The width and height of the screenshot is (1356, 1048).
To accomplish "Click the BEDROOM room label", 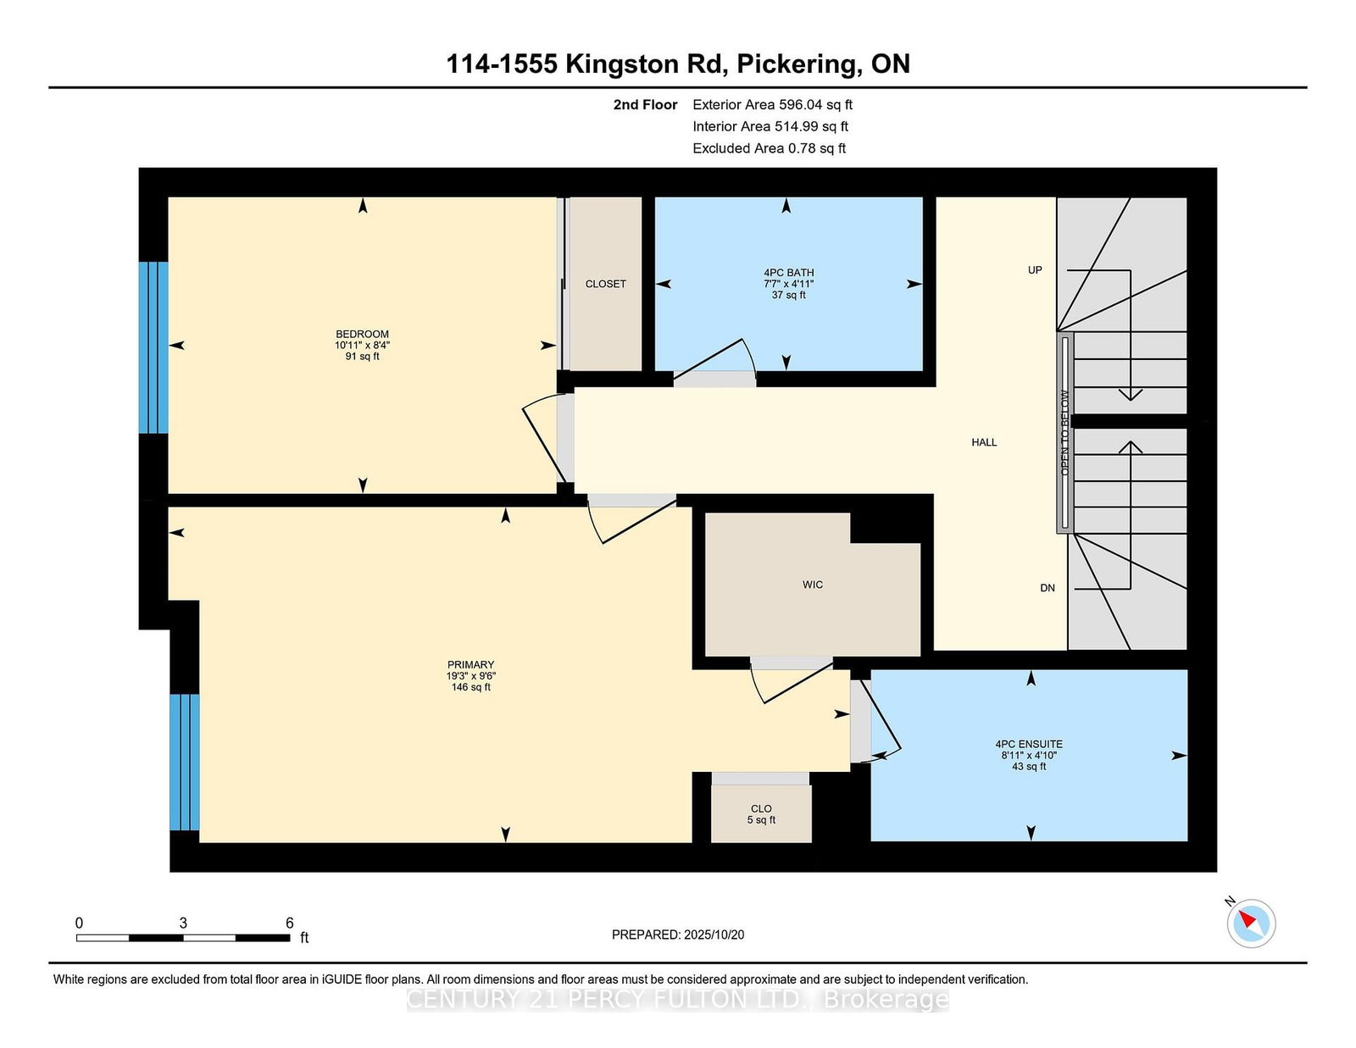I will pyautogui.click(x=362, y=335).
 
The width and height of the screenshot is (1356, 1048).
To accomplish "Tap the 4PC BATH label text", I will pyautogui.click(x=788, y=273).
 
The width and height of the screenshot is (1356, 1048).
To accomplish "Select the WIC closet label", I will pyautogui.click(x=812, y=585).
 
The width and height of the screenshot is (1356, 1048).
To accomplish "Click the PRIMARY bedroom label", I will pyautogui.click(x=470, y=665).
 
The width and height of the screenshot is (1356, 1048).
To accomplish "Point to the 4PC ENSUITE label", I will pyautogui.click(x=1028, y=744).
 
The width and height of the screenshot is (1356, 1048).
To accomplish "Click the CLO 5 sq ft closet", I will pyautogui.click(x=761, y=813).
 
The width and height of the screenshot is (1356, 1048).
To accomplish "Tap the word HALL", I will pyautogui.click(x=984, y=442).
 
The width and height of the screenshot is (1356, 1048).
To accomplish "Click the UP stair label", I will pyautogui.click(x=1035, y=270).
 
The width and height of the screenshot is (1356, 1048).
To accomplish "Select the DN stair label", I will pyautogui.click(x=1048, y=588).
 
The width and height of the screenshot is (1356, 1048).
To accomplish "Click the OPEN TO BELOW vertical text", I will pyautogui.click(x=1065, y=432).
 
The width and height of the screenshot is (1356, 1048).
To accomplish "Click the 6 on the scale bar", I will pyautogui.click(x=290, y=923).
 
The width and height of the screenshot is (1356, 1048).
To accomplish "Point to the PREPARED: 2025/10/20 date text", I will pyautogui.click(x=678, y=934).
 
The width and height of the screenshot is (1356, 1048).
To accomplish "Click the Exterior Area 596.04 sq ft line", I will pyautogui.click(x=772, y=105).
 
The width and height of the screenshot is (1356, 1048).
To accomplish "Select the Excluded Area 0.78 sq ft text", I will pyautogui.click(x=769, y=148).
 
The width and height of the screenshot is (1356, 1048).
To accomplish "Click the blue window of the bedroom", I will pyautogui.click(x=153, y=347).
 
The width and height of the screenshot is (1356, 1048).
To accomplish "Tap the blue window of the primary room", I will pyautogui.click(x=185, y=762).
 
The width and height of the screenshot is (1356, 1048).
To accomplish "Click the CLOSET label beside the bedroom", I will pyautogui.click(x=605, y=284).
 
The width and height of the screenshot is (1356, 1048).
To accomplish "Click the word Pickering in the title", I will pyautogui.click(x=796, y=64).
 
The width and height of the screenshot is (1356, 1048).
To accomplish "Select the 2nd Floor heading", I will pyautogui.click(x=645, y=105).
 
